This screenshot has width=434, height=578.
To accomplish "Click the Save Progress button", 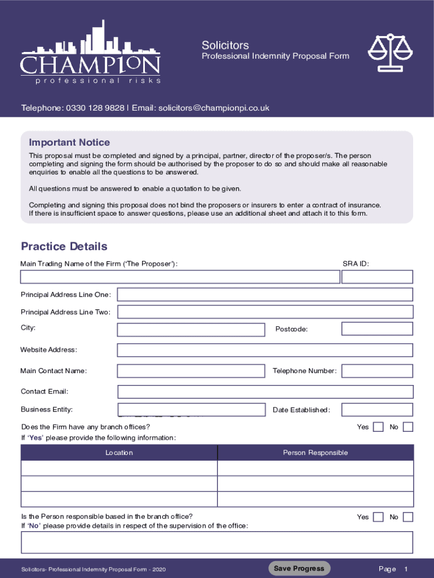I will tap(299, 568).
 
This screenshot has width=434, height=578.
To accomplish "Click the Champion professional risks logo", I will tap(90, 54).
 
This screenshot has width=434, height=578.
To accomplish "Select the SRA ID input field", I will tap(377, 277).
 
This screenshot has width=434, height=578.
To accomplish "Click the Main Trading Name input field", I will tap(180, 277).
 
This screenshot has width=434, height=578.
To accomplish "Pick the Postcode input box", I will tap(377, 329).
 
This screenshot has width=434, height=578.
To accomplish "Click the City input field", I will tap(191, 330).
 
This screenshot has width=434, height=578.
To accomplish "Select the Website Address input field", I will tap(265, 351).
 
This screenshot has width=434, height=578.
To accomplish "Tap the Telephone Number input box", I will tap(377, 371).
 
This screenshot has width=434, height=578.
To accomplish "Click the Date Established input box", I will tap(377, 410).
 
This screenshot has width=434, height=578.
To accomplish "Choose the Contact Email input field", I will tap(265, 392).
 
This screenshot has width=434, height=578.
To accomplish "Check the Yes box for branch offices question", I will tap(379, 427).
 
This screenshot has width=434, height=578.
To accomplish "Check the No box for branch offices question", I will tap(408, 427).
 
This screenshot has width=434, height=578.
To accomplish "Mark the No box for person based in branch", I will tap(408, 517).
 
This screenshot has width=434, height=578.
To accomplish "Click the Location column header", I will tap(119, 453).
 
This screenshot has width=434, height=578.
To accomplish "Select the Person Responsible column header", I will tap(315, 453).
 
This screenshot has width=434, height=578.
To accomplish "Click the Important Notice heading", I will tap(69, 142).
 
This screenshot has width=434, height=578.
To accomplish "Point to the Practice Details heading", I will tap(64, 247).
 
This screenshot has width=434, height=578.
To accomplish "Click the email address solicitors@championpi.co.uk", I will tap(214, 108).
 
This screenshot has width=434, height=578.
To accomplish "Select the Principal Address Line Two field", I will tap(265, 312).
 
